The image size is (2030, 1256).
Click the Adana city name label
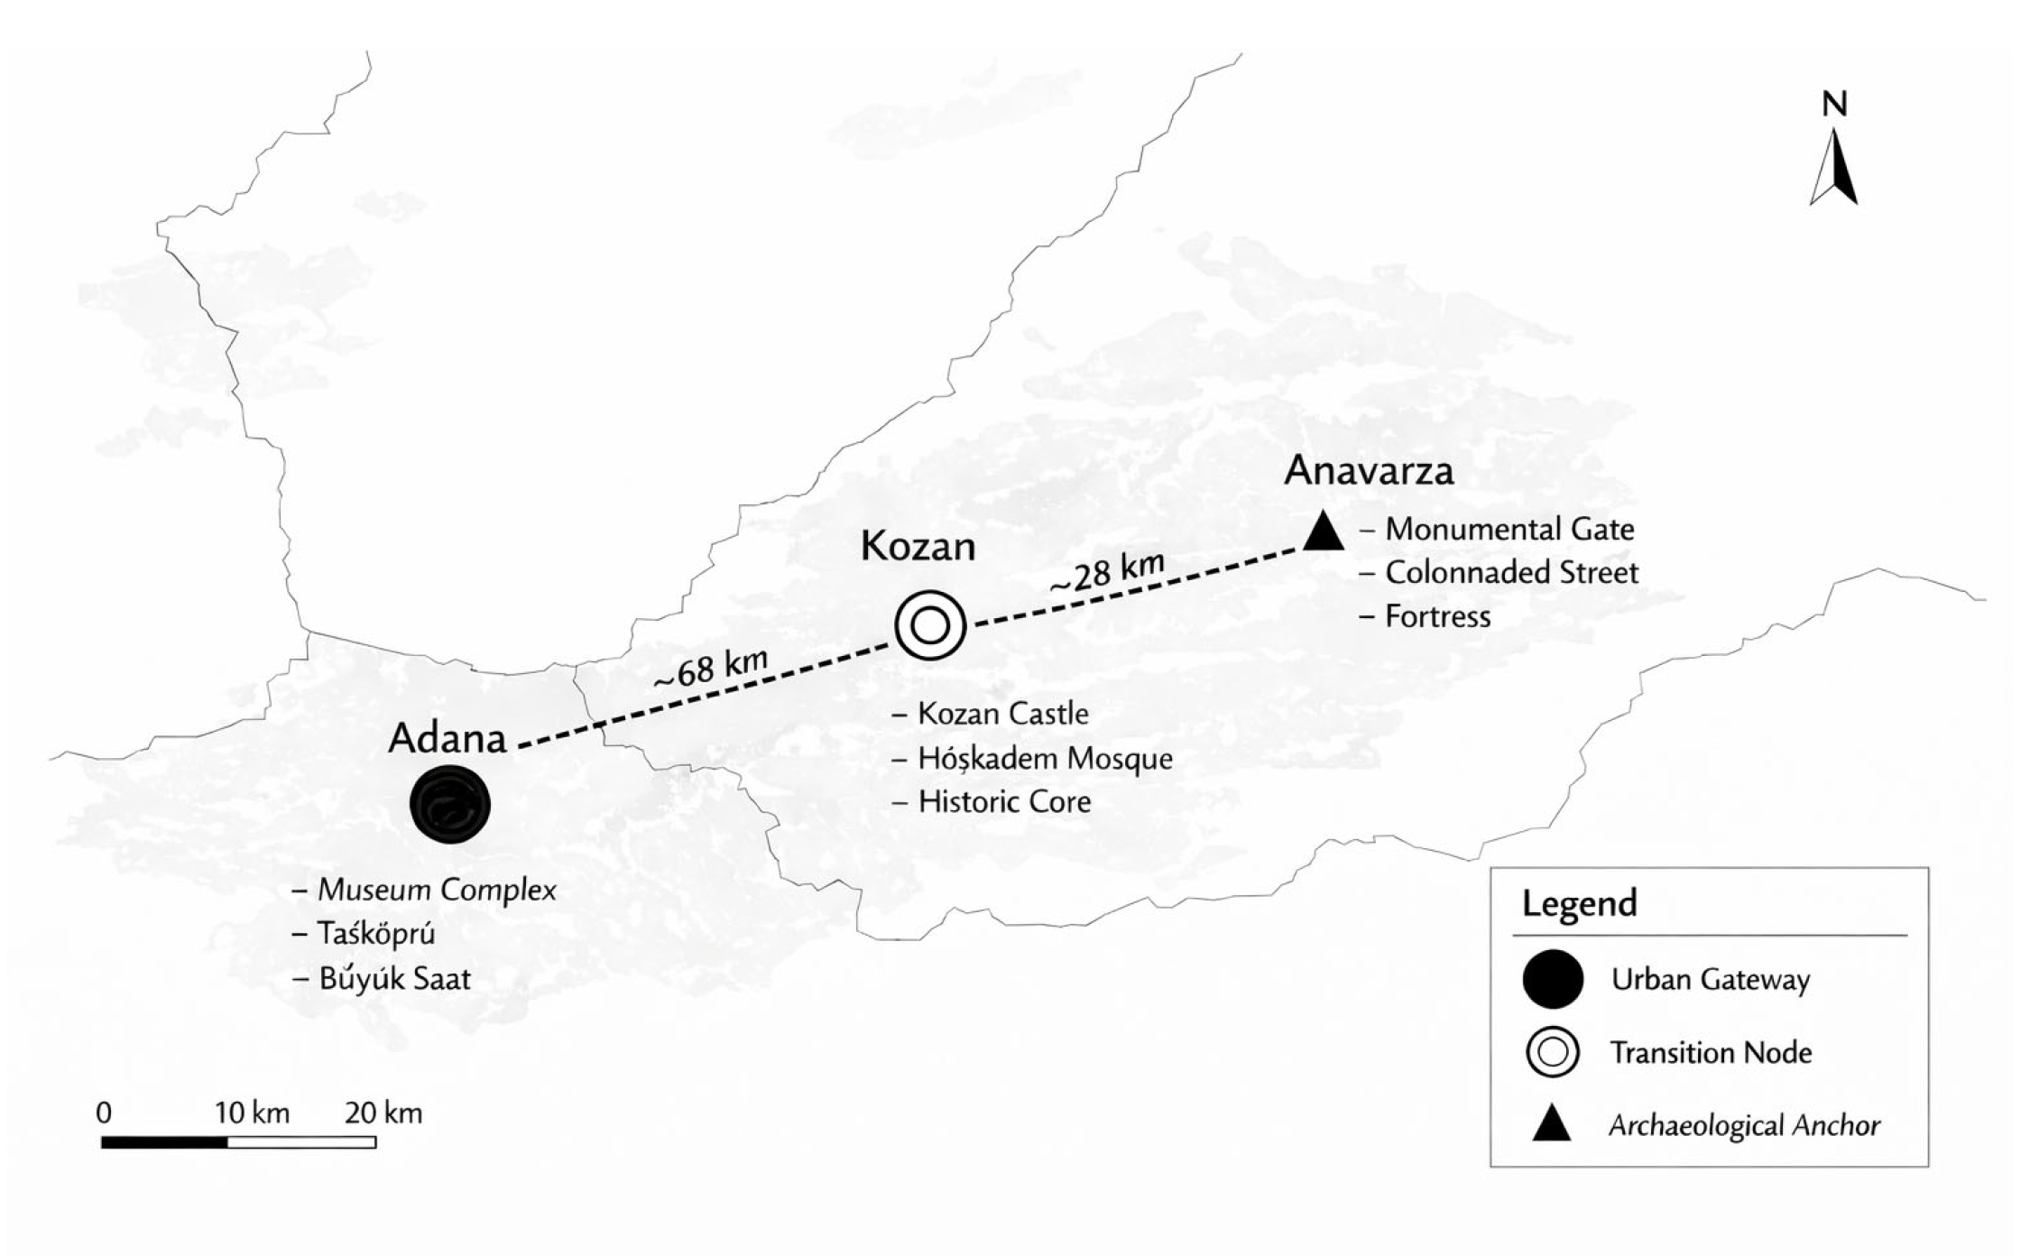click(x=447, y=739)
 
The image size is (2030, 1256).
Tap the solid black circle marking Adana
click(x=449, y=804)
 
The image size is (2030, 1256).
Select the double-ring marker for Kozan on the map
click(x=930, y=624)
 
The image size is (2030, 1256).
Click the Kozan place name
click(x=918, y=547)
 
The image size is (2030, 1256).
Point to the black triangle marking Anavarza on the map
click(x=1324, y=532)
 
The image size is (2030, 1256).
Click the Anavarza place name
click(x=1369, y=471)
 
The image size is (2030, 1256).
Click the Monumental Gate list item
click(x=1509, y=530)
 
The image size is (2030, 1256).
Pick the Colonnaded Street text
click(x=1511, y=573)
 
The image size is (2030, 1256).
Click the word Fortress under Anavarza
click(x=1437, y=617)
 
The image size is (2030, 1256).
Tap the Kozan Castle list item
click(x=1002, y=714)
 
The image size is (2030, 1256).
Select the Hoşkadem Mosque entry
click(x=1045, y=759)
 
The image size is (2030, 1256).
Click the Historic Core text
click(x=1003, y=802)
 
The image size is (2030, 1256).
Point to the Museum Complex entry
click(x=437, y=891)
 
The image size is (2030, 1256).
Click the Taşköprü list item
click(x=376, y=934)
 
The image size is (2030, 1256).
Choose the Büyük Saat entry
click(x=394, y=979)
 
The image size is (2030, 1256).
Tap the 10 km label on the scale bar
click(x=252, y=1113)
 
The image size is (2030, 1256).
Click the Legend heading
click(x=1579, y=904)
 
